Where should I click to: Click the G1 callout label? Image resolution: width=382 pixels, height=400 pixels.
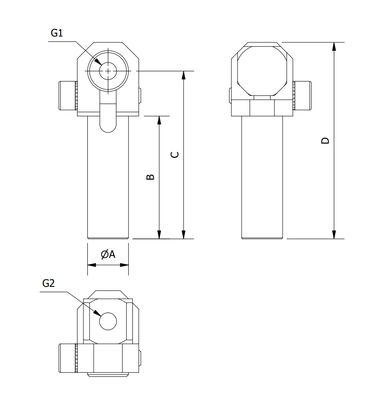pyautogui.click(x=57, y=33)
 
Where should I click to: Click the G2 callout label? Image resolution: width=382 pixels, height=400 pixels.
pyautogui.click(x=48, y=283)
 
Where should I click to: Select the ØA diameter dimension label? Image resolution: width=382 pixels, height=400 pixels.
pyautogui.click(x=108, y=254)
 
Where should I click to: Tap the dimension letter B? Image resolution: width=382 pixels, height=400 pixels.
pyautogui.click(x=150, y=177)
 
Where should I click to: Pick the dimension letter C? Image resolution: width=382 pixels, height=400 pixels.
pyautogui.click(x=175, y=155)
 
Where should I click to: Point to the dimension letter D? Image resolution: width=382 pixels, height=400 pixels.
pyautogui.click(x=325, y=141)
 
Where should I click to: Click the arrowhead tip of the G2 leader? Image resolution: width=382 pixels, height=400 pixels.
pyautogui.click(x=100, y=316)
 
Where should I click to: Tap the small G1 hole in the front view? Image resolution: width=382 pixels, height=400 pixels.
pyautogui.click(x=108, y=71)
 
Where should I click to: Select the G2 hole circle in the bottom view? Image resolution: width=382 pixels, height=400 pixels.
pyautogui.click(x=108, y=322)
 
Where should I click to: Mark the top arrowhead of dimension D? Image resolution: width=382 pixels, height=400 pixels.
pyautogui.click(x=334, y=43)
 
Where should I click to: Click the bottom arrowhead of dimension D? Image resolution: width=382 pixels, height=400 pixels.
pyautogui.click(x=334, y=238)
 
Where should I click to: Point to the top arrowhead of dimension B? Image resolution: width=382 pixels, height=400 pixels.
pyautogui.click(x=159, y=117)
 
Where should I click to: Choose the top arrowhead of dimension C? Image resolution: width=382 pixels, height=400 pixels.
pyautogui.click(x=183, y=71)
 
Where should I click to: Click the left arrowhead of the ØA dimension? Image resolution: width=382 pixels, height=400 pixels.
pyautogui.click(x=88, y=265)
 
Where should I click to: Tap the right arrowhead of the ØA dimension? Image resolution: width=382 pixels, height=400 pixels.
pyautogui.click(x=128, y=265)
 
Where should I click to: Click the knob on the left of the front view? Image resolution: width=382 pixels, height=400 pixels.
pyautogui.click(x=68, y=96)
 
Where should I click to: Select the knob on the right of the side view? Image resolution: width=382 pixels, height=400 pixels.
pyautogui.click(x=302, y=96)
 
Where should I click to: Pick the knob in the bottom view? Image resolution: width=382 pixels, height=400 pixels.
pyautogui.click(x=68, y=358)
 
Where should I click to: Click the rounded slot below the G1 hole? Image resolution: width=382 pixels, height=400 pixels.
pyautogui.click(x=108, y=112)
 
